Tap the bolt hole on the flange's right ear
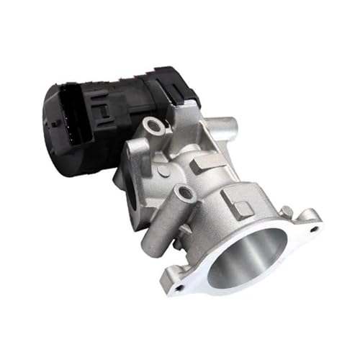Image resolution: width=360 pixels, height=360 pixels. [x=314, y=229]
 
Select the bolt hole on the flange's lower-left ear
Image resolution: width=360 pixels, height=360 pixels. [x=179, y=287]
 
